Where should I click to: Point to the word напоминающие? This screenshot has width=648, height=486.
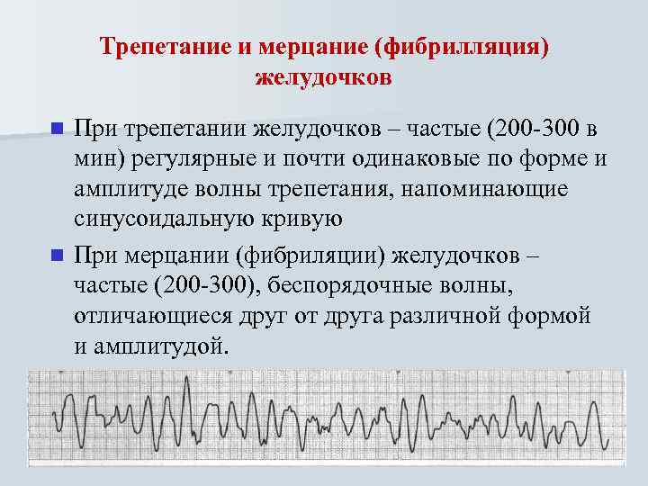pyautogui.click(x=499, y=191)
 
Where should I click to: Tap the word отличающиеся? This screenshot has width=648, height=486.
pyautogui.click(x=156, y=316)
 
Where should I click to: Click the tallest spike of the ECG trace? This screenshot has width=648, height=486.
pyautogui.click(x=188, y=379)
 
